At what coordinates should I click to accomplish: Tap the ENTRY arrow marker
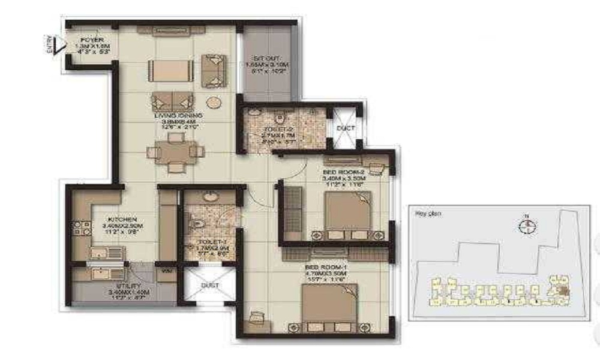57,46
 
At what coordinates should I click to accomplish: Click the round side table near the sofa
214,101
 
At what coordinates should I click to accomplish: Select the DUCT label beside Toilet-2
346,128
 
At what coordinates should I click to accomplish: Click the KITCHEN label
123,220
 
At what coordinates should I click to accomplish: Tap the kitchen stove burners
78,227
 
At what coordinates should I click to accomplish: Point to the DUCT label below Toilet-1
209,286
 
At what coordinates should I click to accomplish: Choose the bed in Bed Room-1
328,306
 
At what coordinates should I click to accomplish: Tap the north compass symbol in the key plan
527,226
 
